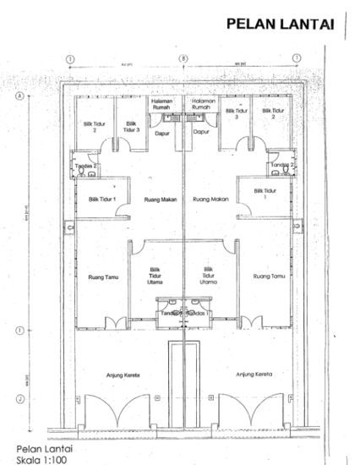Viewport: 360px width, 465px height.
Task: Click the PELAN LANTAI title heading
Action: coord(281,25)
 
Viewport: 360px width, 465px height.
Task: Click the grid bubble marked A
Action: coord(19,96)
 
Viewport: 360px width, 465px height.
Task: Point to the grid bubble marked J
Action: coord(19,399)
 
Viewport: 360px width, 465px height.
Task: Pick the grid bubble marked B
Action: coord(183,58)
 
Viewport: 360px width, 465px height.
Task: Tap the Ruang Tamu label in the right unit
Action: coord(266,276)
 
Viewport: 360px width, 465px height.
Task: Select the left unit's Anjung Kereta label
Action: coord(123,374)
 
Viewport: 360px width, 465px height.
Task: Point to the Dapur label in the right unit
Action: coord(201,132)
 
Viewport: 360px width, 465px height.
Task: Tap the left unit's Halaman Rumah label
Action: coord(162,105)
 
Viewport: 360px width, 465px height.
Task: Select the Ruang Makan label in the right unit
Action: coord(211,199)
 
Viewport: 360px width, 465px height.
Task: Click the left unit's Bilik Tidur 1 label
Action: coord(103,199)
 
